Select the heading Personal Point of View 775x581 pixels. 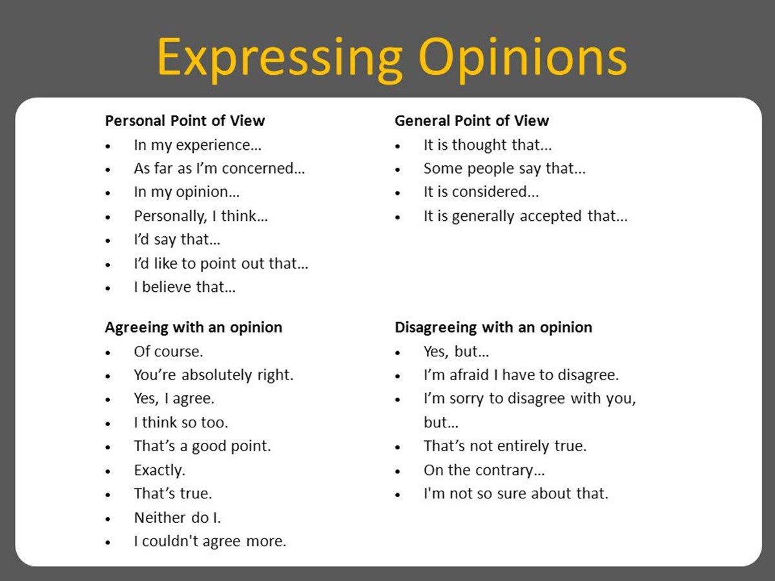(x=185, y=121)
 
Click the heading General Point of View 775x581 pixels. (x=471, y=121)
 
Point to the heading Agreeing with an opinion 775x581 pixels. (x=194, y=328)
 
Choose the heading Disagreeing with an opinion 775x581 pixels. (x=493, y=328)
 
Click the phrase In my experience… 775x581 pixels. (x=198, y=145)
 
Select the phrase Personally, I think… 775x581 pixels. (x=201, y=216)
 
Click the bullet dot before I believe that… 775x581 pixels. (x=108, y=288)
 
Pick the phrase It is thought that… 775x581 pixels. (x=488, y=145)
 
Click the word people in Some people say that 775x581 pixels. (x=490, y=169)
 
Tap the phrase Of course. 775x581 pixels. (x=169, y=352)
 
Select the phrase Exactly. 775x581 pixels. (x=160, y=470)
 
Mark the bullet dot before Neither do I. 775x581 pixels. (x=108, y=519)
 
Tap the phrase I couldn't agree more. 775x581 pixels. (x=210, y=542)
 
